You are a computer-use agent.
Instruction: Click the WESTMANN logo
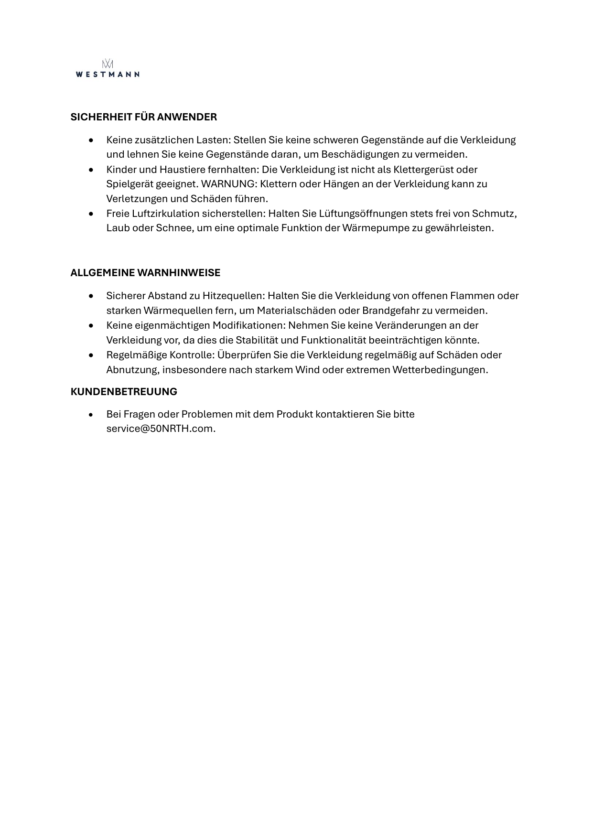coord(108,69)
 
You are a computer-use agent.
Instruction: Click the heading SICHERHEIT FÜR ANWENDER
coord(143,117)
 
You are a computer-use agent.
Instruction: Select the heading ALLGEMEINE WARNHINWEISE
coord(145,273)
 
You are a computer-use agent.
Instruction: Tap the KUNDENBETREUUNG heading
coord(124,392)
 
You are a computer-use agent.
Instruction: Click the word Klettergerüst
coord(432,170)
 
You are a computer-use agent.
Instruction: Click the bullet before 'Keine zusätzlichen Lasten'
coord(91,140)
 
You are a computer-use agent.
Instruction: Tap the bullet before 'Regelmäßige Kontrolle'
coord(91,355)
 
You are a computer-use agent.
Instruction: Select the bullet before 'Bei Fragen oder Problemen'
coord(91,415)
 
